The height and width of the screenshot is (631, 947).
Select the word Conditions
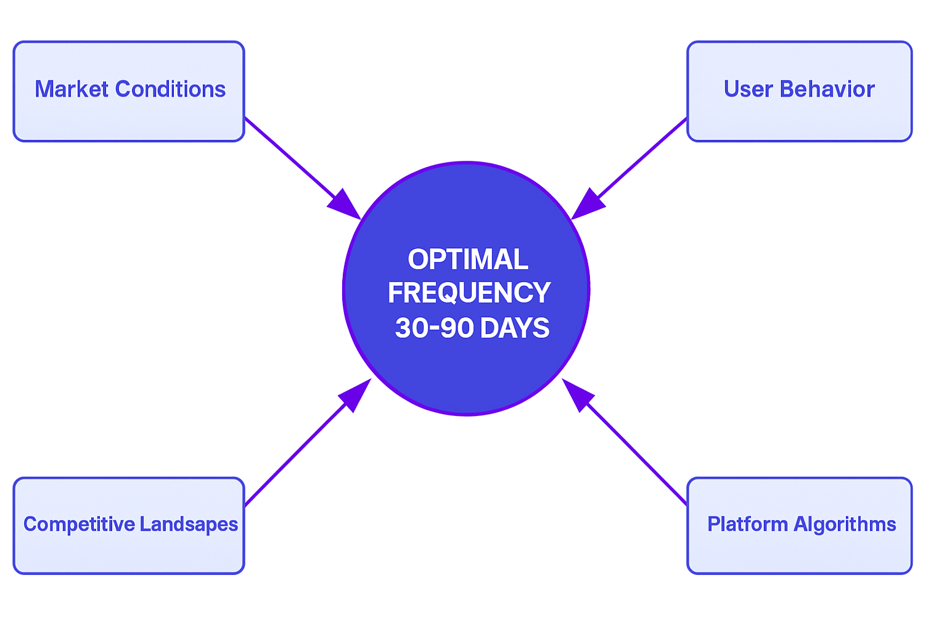click(170, 89)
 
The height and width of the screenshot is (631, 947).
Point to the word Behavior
click(827, 89)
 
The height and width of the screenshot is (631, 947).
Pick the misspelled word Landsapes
click(189, 524)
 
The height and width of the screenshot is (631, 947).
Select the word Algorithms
click(845, 524)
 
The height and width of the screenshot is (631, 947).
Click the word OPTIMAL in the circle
click(468, 259)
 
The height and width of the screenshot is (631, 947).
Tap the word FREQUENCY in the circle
click(469, 293)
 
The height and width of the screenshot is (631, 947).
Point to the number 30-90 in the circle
click(434, 328)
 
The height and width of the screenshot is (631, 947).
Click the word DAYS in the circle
click(515, 328)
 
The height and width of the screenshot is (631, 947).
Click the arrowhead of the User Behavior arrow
click(588, 205)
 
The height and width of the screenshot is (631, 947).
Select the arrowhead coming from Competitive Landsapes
click(355, 395)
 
